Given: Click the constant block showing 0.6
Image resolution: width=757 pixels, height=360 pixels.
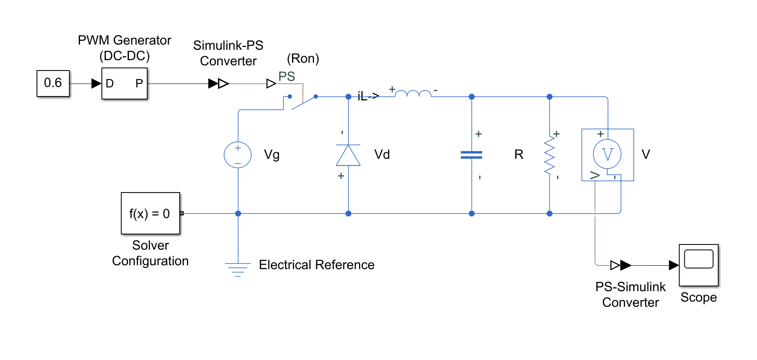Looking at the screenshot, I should tap(53, 83).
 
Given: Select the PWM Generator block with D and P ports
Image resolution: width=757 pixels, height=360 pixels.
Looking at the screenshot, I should tap(125, 84).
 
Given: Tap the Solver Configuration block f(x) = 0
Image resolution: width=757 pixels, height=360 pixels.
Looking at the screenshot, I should tap(150, 213).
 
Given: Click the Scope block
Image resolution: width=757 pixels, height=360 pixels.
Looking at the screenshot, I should tap(698, 265).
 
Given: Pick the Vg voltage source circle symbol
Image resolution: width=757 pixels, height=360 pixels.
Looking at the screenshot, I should tap(237, 155).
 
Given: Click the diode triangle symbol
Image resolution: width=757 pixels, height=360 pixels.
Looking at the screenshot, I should tap(348, 155).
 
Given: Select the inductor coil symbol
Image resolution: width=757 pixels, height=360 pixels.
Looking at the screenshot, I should tap(413, 93).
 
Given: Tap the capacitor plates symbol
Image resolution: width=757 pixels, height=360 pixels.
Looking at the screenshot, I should tap(472, 155).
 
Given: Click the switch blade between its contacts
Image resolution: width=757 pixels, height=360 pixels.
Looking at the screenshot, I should tap(304, 103).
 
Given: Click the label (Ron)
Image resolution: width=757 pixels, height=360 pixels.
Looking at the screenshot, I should tap(303, 58).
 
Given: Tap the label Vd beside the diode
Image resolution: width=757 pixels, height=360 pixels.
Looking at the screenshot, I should tap(382, 154).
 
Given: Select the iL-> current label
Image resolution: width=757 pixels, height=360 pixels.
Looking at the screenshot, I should tap(368, 96).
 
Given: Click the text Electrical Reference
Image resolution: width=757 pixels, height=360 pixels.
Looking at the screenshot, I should tap(317, 265).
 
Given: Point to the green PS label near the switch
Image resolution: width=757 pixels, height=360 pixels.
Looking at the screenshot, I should tap(286, 77).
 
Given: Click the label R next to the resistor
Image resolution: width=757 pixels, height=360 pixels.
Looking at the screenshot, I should tap(519, 154).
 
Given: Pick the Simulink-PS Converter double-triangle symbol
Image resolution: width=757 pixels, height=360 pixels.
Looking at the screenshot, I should tap(219, 84).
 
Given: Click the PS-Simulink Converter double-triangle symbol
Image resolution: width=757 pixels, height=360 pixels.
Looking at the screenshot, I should tap(621, 265).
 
